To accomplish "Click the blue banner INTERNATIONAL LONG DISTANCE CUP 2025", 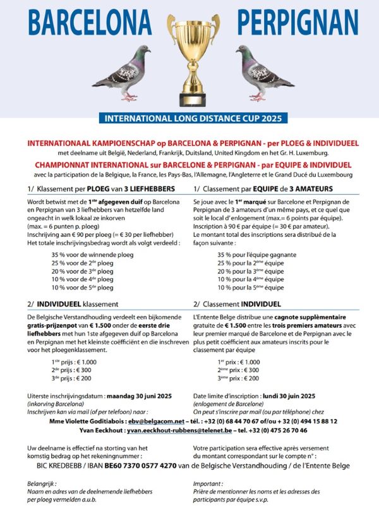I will coord(190,118).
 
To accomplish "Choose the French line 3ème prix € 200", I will coord(239,378).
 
